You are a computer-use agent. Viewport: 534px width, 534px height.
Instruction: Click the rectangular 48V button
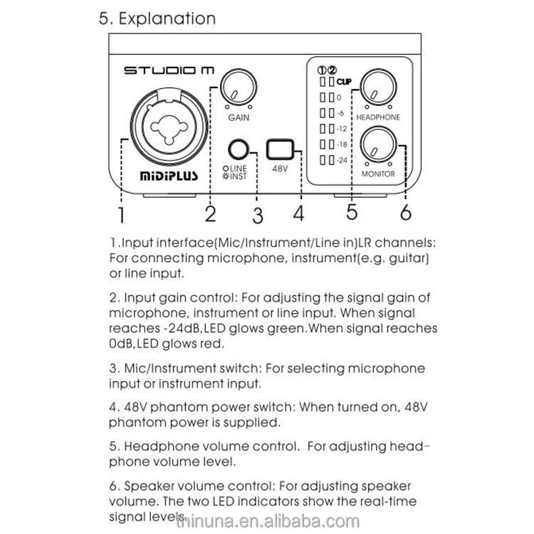point(278,150)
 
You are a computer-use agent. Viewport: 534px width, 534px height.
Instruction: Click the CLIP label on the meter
point(346,82)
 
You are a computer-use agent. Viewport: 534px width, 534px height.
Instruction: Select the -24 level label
point(342,160)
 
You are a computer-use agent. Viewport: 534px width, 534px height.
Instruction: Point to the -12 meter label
point(342,129)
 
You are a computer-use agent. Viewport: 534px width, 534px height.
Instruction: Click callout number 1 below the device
point(122,214)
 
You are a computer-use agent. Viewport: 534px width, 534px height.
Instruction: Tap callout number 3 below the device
point(258,214)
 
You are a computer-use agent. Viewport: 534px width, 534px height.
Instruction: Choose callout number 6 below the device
point(405,212)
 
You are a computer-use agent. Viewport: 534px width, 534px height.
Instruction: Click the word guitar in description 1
point(411,258)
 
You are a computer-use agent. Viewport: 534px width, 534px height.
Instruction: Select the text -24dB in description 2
point(176,329)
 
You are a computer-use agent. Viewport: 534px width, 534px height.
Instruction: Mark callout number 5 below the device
point(352,212)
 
